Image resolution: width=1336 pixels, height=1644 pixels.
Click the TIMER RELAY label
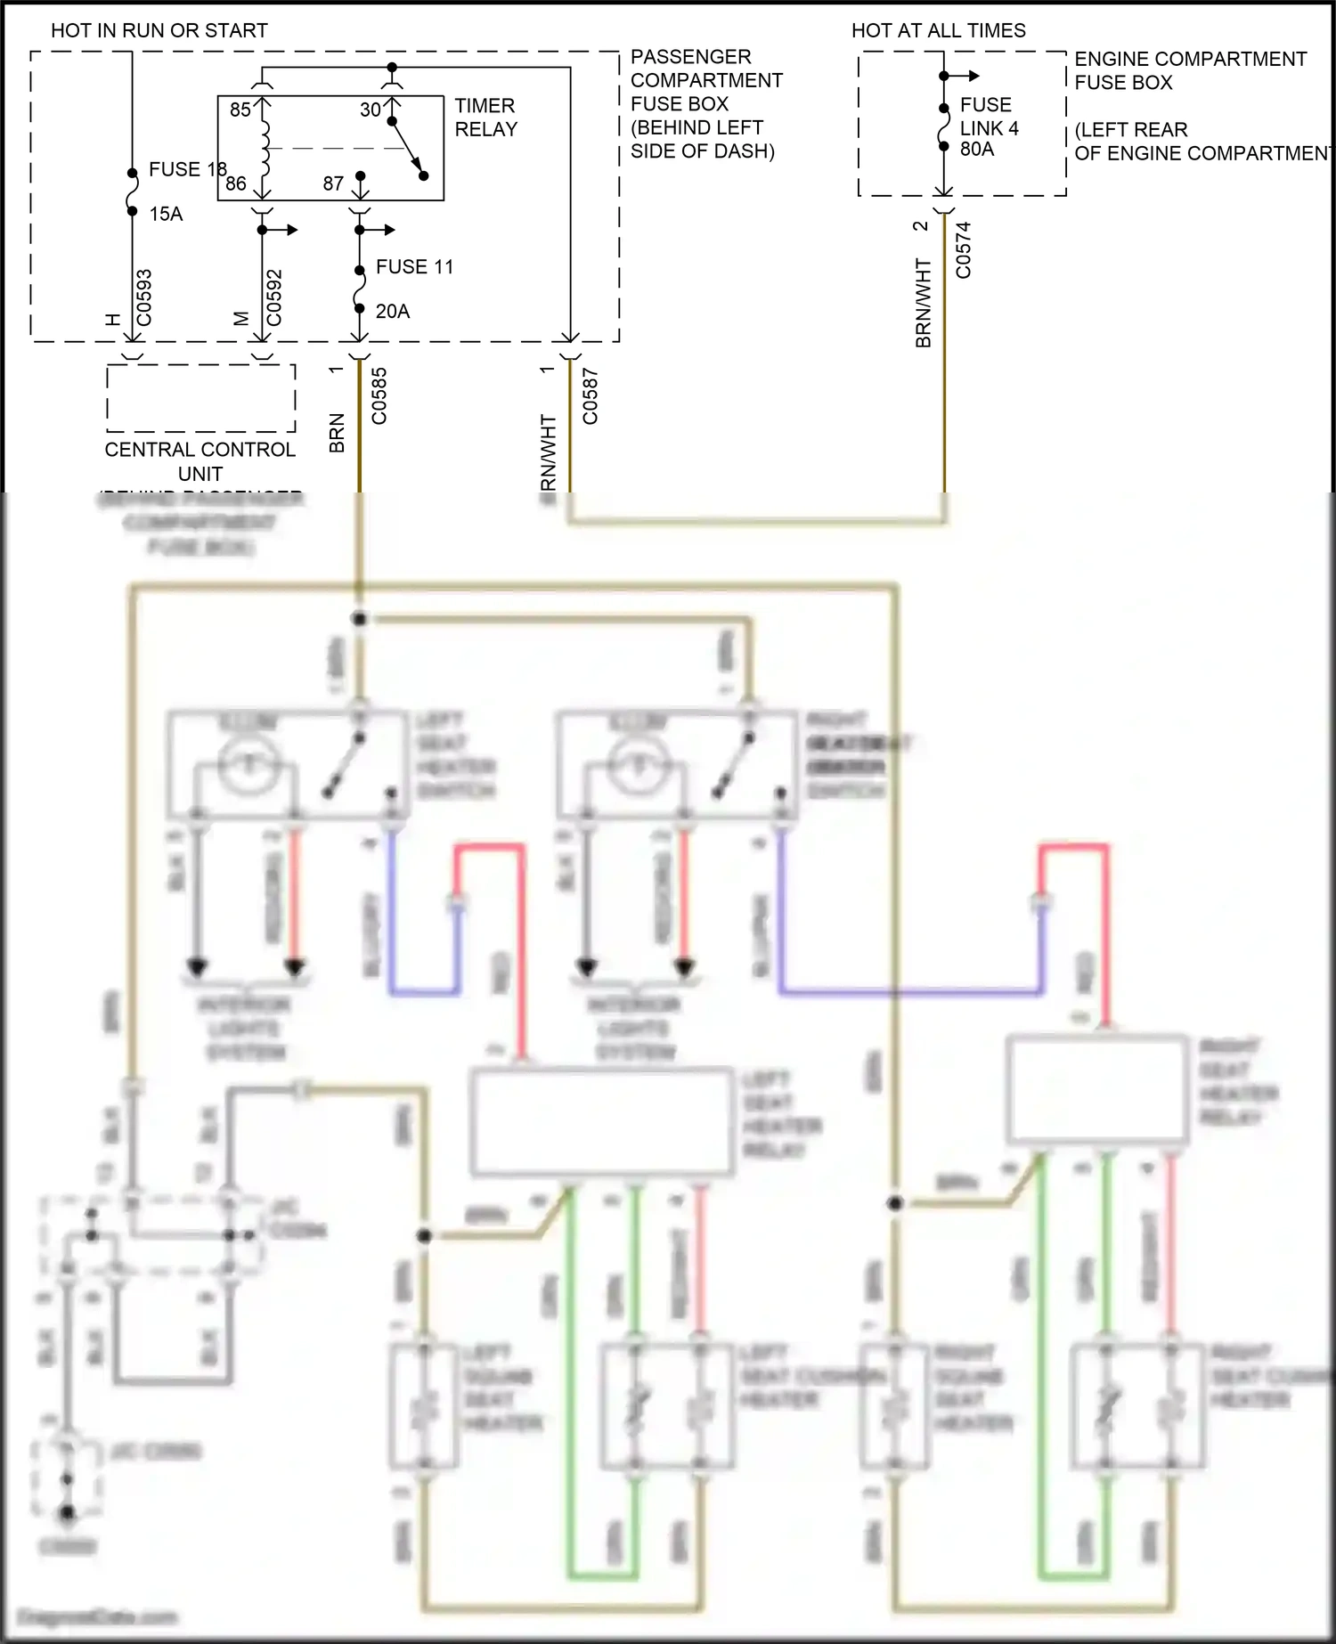pyautogui.click(x=485, y=118)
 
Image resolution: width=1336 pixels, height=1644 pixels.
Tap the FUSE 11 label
pyautogui.click(x=414, y=267)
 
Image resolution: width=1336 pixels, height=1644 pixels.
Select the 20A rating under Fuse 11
pyautogui.click(x=392, y=312)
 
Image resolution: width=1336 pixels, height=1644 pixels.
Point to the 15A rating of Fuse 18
pyautogui.click(x=166, y=214)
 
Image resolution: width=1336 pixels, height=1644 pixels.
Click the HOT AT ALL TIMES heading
pyautogui.click(x=938, y=30)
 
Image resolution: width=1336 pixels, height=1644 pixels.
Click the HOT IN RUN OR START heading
pyautogui.click(x=159, y=30)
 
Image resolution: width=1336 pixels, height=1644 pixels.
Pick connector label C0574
pyautogui.click(x=963, y=250)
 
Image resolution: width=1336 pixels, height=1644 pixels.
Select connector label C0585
pyautogui.click(x=379, y=396)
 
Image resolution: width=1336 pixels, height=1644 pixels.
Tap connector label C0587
pyautogui.click(x=590, y=396)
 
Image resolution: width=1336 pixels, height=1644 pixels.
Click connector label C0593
pyautogui.click(x=143, y=298)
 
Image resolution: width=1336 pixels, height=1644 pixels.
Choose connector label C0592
pyautogui.click(x=273, y=298)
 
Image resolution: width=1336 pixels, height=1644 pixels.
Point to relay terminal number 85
pyautogui.click(x=240, y=110)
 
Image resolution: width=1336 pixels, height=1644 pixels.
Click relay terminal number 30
pyautogui.click(x=370, y=110)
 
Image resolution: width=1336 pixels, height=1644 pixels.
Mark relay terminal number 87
pyautogui.click(x=333, y=183)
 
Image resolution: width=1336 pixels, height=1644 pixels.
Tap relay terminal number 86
pyautogui.click(x=236, y=183)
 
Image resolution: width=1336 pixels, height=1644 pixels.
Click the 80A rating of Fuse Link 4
pyautogui.click(x=977, y=149)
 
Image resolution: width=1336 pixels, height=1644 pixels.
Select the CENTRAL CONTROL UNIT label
pyautogui.click(x=200, y=461)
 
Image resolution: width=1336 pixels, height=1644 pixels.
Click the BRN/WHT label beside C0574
pyautogui.click(x=923, y=303)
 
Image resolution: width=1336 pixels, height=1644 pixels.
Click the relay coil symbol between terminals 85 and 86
pyautogui.click(x=265, y=149)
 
